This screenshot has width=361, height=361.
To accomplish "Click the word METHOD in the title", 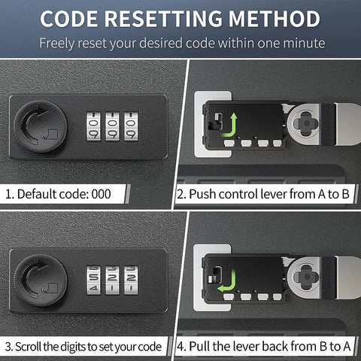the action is pos(275,19).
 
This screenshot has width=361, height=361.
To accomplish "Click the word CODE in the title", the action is pos(69,19).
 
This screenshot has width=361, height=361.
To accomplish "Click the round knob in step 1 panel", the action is pos(41,126).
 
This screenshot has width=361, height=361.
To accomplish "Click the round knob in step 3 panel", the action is pos(41,281).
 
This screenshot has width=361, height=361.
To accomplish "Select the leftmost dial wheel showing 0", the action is pos(93,126).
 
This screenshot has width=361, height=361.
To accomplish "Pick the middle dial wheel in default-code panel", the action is pos(112,126).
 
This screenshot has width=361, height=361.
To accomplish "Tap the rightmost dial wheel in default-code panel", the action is pos(131,126).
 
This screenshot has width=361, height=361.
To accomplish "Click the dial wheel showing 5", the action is pos(93,281).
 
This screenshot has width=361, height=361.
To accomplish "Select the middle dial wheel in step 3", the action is pos(112,281).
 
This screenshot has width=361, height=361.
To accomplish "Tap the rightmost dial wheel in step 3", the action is pos(131,281).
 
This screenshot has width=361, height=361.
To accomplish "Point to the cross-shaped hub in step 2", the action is pos(306,123).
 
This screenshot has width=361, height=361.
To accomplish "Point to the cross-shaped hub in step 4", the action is pos(306,278).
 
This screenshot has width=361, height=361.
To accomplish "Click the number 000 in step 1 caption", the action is pos(101,194).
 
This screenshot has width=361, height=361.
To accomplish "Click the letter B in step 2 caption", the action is pos(345,194).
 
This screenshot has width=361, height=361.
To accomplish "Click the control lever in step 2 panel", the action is pos(216,121).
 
